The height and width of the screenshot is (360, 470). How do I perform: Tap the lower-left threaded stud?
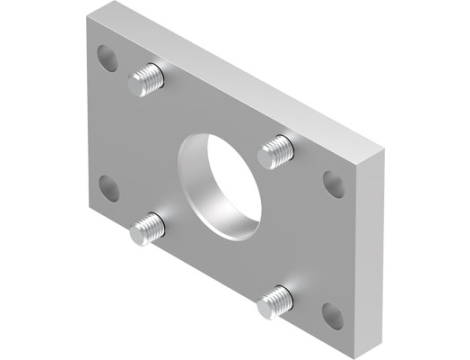coord(149,227)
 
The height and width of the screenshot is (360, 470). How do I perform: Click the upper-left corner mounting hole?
coord(108,59)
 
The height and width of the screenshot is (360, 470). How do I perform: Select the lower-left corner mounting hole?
coord(108,188)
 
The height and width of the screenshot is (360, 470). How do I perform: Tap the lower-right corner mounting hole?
coord(333,316)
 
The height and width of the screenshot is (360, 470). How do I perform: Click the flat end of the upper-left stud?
coord(157,75)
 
